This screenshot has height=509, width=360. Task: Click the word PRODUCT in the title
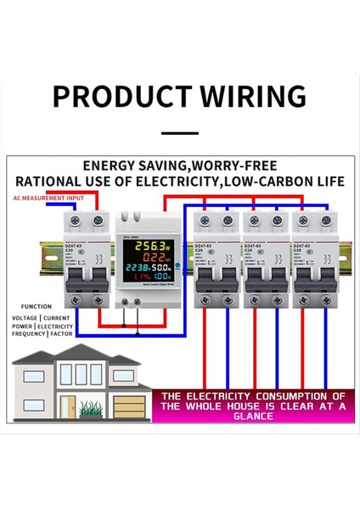click(x=115, y=95)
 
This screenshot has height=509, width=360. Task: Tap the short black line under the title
click(x=179, y=133)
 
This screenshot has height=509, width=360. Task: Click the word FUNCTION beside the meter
click(x=37, y=307)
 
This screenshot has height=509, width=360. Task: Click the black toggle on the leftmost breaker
click(x=83, y=286)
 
